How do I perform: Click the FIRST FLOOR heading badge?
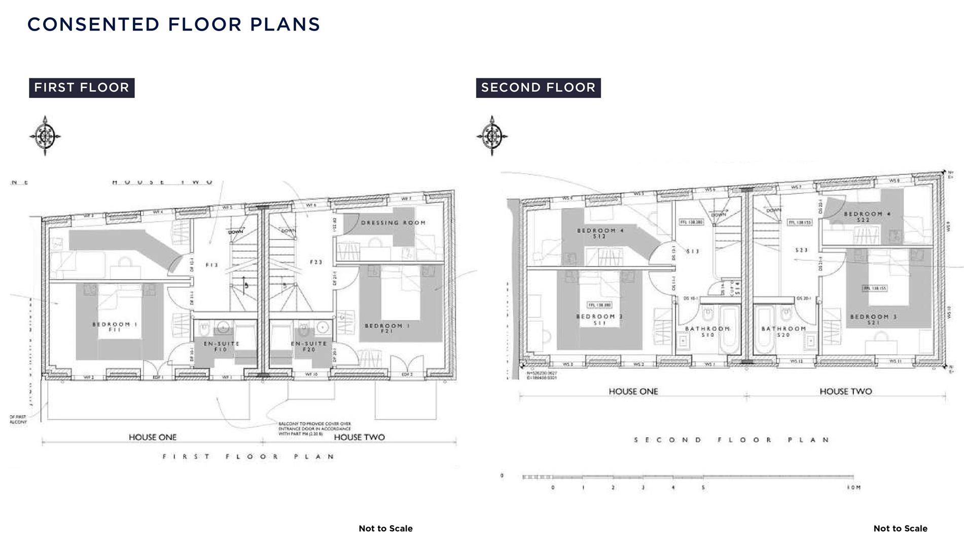82,88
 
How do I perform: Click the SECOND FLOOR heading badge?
538,88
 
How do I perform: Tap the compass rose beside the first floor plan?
45,135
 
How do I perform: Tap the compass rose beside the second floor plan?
491,135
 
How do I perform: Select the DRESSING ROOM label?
393,223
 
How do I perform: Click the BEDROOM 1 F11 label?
115,327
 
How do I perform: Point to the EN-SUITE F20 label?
309,347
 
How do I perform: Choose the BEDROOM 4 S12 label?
600,233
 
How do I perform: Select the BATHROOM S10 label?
707,332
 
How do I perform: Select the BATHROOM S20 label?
783,332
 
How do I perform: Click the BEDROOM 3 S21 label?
873,319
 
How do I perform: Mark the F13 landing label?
211,265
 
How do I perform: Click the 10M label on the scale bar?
853,488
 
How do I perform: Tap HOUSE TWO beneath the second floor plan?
845,392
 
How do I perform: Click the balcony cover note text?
314,429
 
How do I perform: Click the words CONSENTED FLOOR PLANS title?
173,24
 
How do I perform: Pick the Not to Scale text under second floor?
900,529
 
